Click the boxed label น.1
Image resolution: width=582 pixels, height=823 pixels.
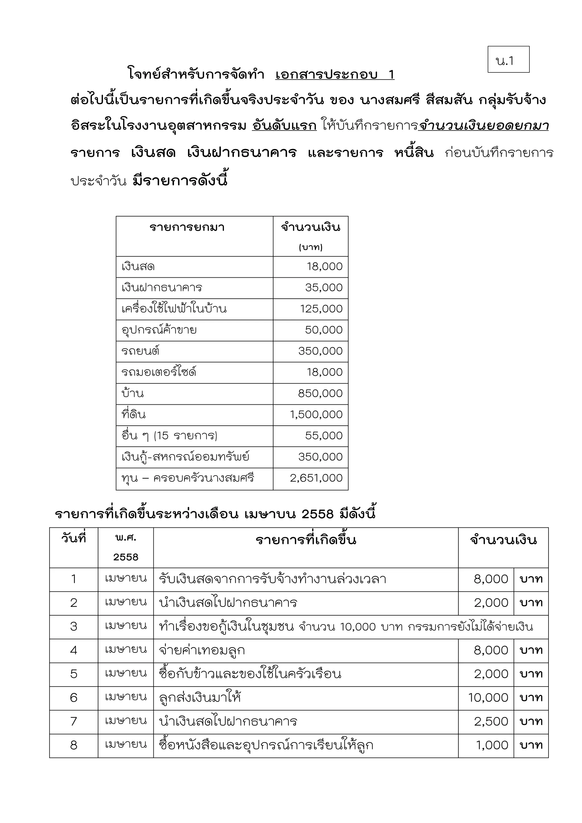[508, 60]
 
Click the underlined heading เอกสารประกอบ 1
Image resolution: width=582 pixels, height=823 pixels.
[334, 74]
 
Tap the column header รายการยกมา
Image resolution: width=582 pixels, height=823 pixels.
[187, 227]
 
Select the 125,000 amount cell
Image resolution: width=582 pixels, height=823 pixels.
[321, 309]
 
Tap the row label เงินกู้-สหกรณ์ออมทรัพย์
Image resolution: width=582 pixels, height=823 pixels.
[185, 457]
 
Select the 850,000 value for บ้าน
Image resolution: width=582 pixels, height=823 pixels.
[320, 393]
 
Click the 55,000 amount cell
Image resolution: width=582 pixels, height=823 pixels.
[324, 436]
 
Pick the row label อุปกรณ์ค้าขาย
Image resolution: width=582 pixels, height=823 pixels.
[159, 330]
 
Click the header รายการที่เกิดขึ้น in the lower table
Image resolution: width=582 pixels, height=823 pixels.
[306, 540]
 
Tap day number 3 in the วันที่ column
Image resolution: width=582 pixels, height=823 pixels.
[74, 627]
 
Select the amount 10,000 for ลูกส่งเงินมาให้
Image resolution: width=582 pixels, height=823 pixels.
[488, 698]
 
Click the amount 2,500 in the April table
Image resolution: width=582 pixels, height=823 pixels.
[491, 722]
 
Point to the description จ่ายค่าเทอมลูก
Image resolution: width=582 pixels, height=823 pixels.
[202, 650]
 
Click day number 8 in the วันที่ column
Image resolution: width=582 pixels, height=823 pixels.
[74, 745]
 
